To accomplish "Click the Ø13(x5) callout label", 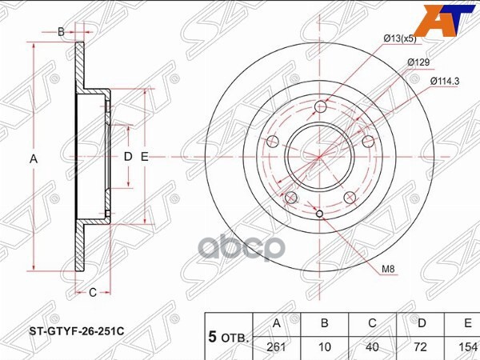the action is coord(400,39).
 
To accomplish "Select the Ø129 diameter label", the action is coord(418,62).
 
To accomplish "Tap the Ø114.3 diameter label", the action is coord(444,82).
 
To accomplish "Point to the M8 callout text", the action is coord(388,270).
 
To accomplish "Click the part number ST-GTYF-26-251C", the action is coord(77,331).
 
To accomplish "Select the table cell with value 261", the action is coord(277,347).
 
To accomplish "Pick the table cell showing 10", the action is coord(325,347).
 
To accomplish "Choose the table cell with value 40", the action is coord(372,347).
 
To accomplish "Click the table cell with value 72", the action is coord(420,347).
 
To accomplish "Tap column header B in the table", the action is coord(325,323).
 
